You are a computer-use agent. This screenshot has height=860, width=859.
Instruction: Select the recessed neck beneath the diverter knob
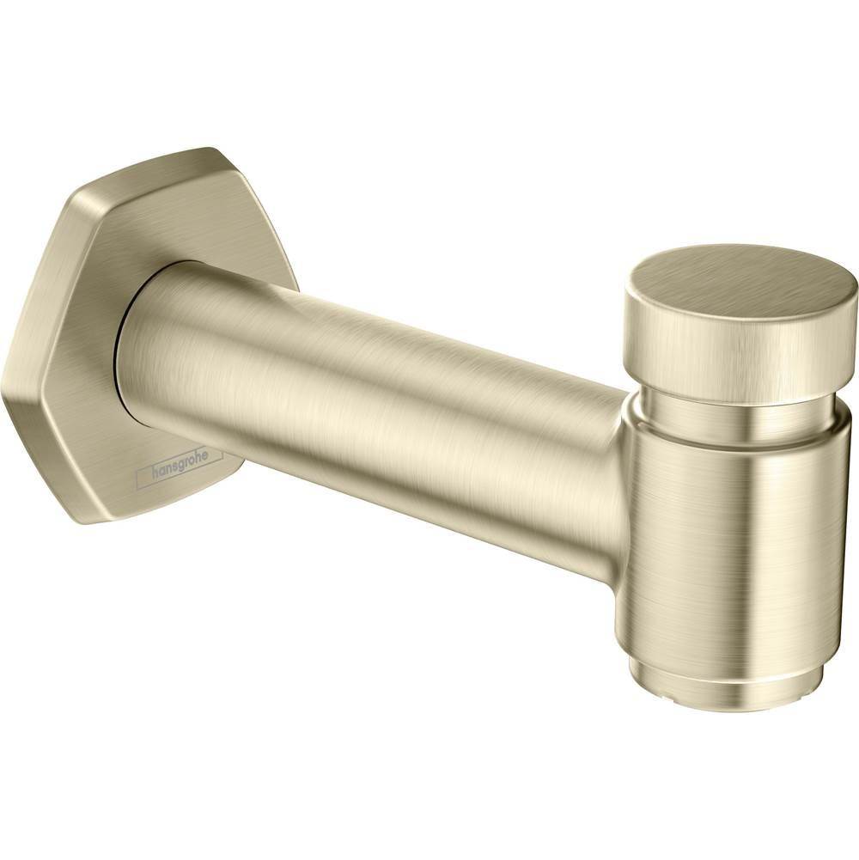[739, 413]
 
